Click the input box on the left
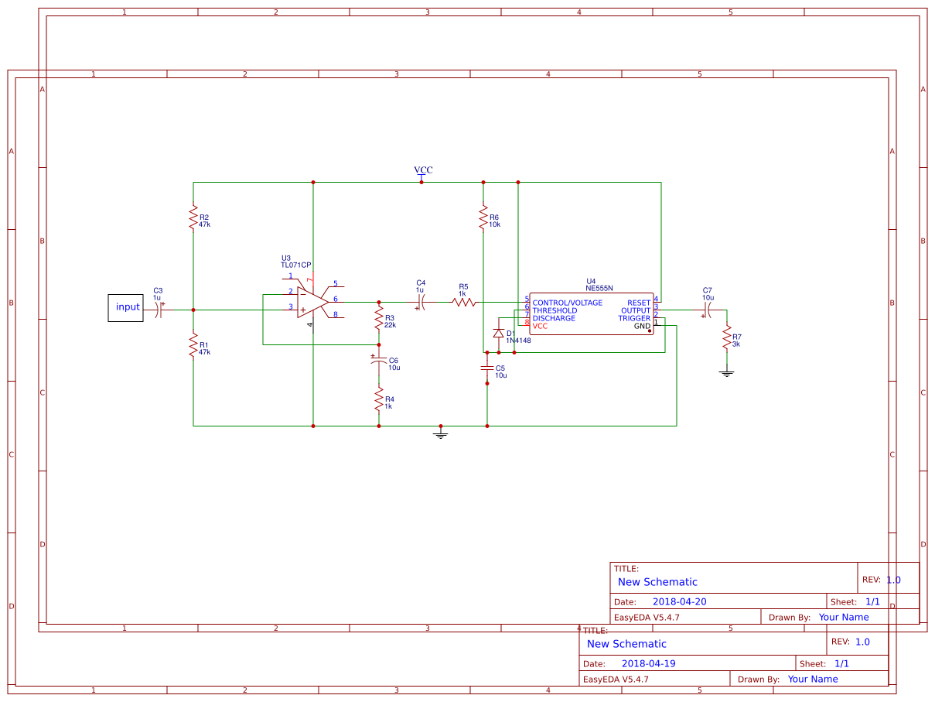coord(125,307)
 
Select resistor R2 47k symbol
coord(193,217)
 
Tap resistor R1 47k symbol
coord(193,345)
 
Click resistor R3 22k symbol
coord(379,318)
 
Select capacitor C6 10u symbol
coord(379,361)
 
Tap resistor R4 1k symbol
coord(379,400)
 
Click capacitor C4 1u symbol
coord(421,302)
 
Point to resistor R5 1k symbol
coord(464,302)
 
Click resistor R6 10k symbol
coord(483,217)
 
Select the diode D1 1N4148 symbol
coord(499,334)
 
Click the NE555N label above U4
coord(599,288)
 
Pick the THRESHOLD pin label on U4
coord(555,310)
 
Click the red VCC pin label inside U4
coord(540,326)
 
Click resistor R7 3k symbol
coord(727,337)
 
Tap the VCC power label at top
coord(423,170)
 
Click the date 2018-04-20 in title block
coord(679,601)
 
